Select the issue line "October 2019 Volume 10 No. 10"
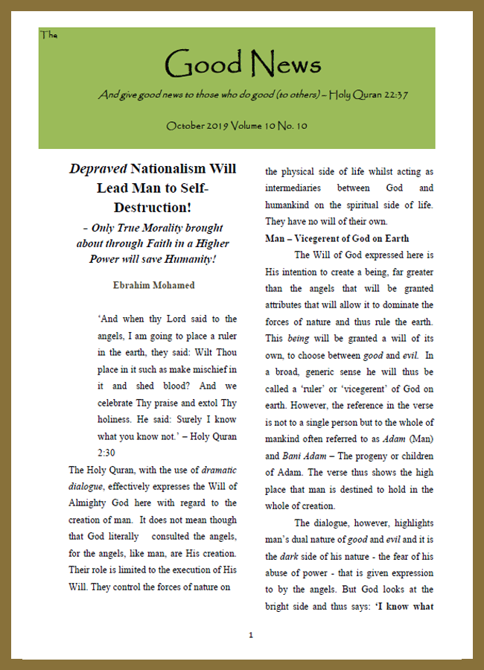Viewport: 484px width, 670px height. point(237,126)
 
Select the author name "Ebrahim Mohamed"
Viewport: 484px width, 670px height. point(153,286)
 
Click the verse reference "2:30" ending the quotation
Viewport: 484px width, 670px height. point(109,453)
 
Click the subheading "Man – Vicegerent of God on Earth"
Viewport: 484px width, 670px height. point(337,238)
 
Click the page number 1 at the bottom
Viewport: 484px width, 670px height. point(251,635)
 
